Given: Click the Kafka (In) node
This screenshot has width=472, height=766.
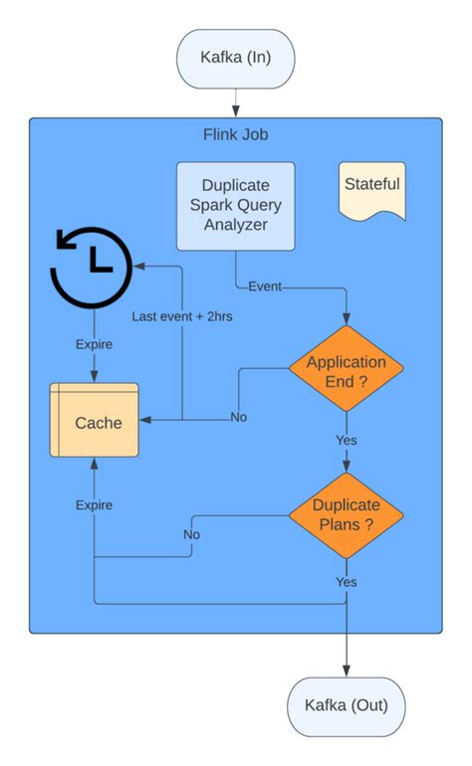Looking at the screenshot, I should [x=236, y=59].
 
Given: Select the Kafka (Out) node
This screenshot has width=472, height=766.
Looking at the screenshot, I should [x=347, y=706].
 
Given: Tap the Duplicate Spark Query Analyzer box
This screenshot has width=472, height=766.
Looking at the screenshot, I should [x=236, y=206].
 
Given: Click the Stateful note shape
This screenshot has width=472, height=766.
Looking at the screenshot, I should [x=371, y=189].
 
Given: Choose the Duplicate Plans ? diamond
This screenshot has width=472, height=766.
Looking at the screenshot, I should [x=347, y=514].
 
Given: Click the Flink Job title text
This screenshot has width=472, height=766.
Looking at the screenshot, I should [x=235, y=134].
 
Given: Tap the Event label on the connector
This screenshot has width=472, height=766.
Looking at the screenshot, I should [x=265, y=287].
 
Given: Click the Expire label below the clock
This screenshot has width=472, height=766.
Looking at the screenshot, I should [x=94, y=344].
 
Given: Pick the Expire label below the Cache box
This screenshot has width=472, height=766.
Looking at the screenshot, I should [x=94, y=504].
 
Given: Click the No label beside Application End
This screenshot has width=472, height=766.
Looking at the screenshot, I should [x=238, y=417].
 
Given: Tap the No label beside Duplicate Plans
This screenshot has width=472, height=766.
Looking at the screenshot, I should [x=191, y=534].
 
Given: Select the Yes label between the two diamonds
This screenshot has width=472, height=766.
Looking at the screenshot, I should [x=347, y=439].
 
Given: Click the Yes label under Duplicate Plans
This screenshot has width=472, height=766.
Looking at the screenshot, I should [x=347, y=581].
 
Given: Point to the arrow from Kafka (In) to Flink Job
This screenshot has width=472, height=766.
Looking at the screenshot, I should [x=236, y=102].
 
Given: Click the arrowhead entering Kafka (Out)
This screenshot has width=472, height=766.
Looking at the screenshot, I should [x=347, y=671].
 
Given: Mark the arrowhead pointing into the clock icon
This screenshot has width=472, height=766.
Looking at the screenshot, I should [x=140, y=267].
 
